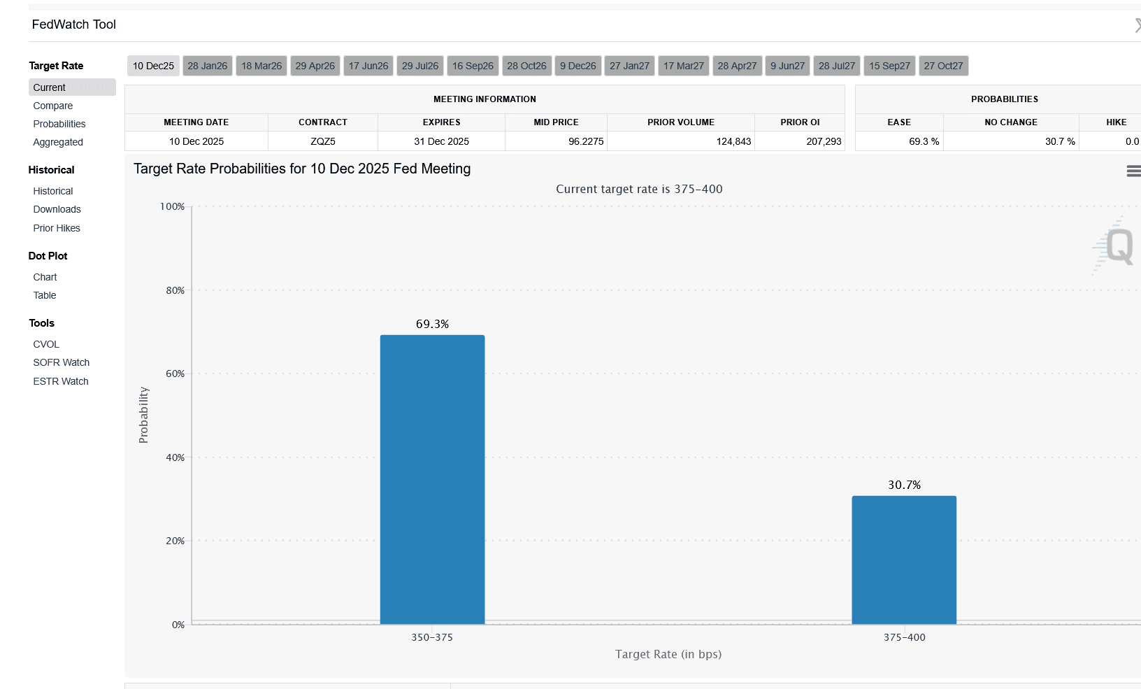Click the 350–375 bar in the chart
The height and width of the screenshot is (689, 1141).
[x=432, y=479]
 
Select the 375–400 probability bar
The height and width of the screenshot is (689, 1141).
[x=904, y=560]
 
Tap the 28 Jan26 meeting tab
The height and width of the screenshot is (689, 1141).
[x=207, y=66]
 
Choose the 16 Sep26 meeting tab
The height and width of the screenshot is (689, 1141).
[x=473, y=66]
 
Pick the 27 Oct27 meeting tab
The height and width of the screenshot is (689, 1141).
[x=943, y=66]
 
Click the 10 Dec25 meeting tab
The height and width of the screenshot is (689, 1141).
[x=153, y=66]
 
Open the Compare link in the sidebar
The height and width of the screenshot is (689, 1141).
[x=53, y=106]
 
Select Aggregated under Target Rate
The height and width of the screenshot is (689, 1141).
[x=58, y=142]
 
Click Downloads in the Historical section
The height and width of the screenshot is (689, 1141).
[x=57, y=209]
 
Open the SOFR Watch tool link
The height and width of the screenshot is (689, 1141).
[x=62, y=362]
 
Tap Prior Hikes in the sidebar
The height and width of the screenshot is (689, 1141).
[x=57, y=228]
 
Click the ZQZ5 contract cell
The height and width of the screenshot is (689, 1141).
[x=323, y=141]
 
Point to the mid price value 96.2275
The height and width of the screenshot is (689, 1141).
[x=586, y=141]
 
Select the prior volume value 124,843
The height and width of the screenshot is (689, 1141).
[x=733, y=141]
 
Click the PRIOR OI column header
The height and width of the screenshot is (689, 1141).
[x=800, y=122]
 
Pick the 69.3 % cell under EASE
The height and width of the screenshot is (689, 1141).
[x=924, y=141]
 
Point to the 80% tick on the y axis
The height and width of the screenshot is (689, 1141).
[x=175, y=290]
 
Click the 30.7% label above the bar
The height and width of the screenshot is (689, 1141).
[x=904, y=485]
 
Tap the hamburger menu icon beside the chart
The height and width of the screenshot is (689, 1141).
[x=1133, y=171]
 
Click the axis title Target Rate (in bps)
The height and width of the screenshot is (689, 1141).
[x=668, y=654]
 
